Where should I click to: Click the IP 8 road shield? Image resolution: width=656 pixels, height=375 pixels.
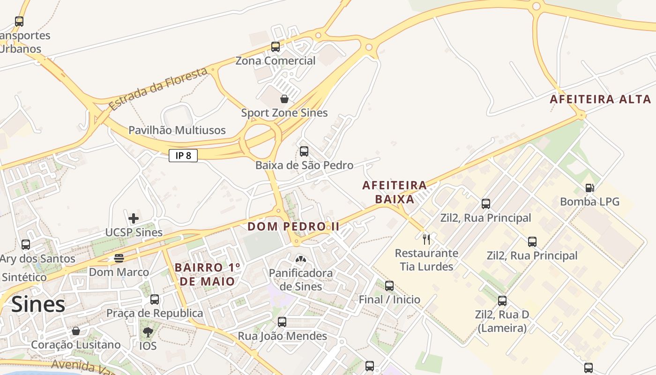pos(183,156)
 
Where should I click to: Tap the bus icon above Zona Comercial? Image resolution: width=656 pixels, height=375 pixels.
pos(276,47)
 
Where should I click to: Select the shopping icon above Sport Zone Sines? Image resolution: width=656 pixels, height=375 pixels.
pos(284,99)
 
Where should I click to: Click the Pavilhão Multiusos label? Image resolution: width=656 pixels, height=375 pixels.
pos(177,130)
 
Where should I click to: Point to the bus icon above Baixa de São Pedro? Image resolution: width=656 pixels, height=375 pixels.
pos(304,151)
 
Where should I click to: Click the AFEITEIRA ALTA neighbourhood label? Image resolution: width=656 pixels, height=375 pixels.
pos(600,99)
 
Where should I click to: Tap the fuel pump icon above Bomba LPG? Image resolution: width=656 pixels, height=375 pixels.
pos(589,188)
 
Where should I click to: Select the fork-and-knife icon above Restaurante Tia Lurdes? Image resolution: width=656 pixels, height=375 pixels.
pos(426,239)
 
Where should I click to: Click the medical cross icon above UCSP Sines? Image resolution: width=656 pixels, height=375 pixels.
pos(134,218)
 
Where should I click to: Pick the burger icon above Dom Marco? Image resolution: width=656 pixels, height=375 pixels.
pos(119,258)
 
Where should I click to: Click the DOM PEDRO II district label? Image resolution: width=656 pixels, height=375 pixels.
pos(293,226)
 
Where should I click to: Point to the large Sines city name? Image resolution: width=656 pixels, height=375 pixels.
pos(38,305)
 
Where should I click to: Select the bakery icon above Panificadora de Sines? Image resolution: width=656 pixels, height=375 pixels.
pos(300,259)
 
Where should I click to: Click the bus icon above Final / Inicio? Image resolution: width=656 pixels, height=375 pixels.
pos(389,285)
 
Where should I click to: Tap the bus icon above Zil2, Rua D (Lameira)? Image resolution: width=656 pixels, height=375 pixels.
pos(502,300)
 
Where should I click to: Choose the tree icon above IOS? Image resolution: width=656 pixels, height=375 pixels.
pos(148,332)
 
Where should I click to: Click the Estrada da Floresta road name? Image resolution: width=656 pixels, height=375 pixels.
pos(158,89)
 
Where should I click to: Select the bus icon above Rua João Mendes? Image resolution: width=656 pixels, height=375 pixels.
pos(282,322)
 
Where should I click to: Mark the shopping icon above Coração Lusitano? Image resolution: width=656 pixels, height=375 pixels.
pos(76,331)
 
